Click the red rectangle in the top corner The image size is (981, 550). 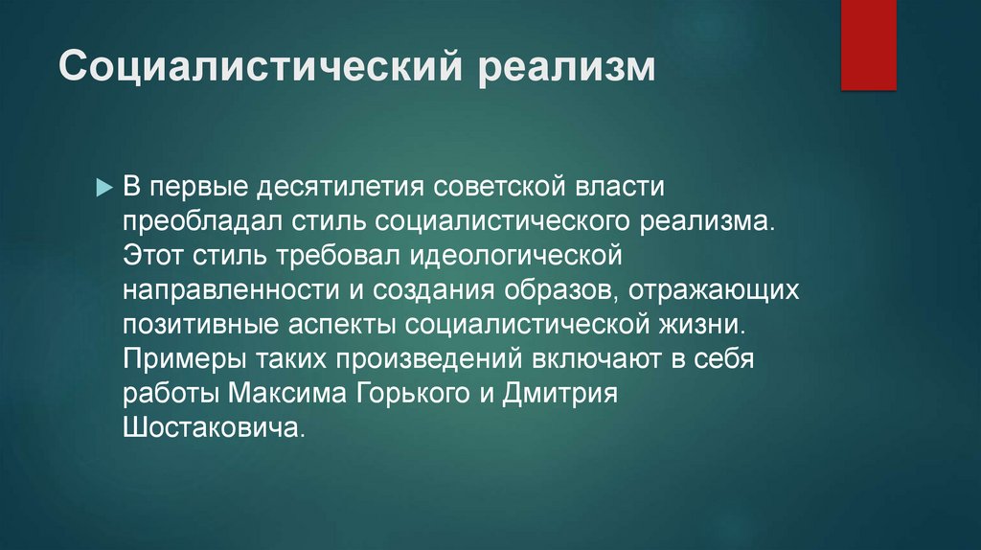point(868,44)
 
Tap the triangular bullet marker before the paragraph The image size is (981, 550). point(104,188)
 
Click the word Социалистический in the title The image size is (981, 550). point(261,66)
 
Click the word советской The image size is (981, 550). point(499,187)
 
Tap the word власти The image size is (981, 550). point(619,187)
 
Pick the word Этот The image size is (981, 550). point(152,255)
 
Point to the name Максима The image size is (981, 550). point(286,394)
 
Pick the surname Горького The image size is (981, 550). point(413,394)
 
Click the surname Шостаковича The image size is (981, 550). point(214,428)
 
